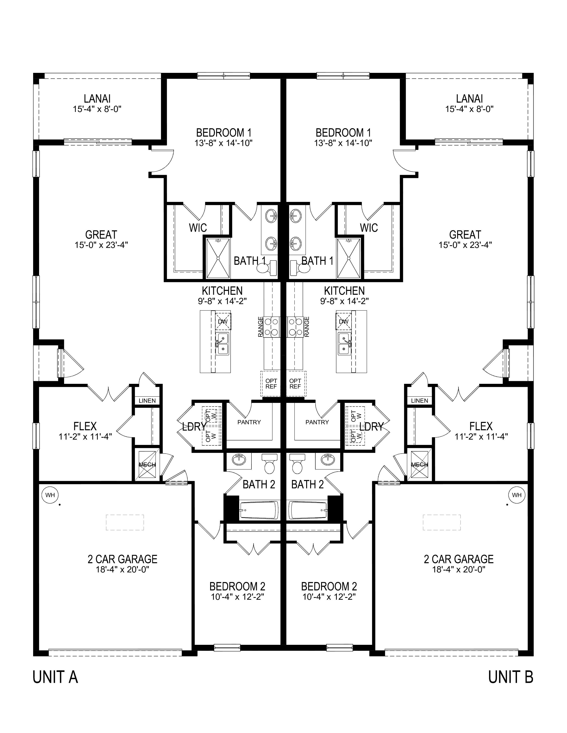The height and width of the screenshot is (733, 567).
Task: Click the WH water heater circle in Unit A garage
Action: [x=50, y=495]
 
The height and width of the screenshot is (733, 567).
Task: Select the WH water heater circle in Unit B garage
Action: [x=517, y=495]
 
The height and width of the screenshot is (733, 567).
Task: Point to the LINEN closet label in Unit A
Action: [x=147, y=401]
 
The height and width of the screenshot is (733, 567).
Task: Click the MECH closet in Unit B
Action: [x=420, y=464]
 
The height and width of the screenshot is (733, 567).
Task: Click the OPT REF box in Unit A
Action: [x=271, y=384]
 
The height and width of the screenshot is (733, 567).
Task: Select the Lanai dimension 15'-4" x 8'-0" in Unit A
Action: [x=97, y=109]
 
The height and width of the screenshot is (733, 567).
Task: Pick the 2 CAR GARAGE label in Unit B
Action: [x=458, y=559]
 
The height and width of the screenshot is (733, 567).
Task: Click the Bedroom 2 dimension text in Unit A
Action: [x=237, y=597]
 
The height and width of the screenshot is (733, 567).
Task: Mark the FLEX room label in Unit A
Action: [x=85, y=426]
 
